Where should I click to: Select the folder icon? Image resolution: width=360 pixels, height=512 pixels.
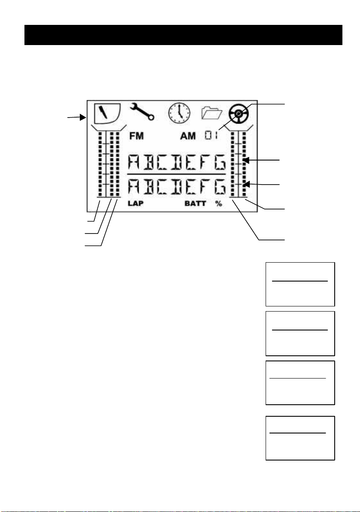tap(212, 113)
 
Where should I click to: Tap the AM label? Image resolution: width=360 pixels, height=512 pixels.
tap(188, 136)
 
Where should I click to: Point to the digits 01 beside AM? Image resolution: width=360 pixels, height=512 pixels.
tap(211, 136)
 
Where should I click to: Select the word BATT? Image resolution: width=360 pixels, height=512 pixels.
tap(195, 204)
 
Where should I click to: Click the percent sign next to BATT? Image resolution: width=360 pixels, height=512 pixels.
tap(219, 204)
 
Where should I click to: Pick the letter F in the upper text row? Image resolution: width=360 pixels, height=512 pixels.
tap(206, 163)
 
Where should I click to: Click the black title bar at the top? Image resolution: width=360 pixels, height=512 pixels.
tap(183, 35)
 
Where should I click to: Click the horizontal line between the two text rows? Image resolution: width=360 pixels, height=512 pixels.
tap(177, 175)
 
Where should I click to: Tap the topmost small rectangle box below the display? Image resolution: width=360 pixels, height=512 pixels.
tap(300, 284)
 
